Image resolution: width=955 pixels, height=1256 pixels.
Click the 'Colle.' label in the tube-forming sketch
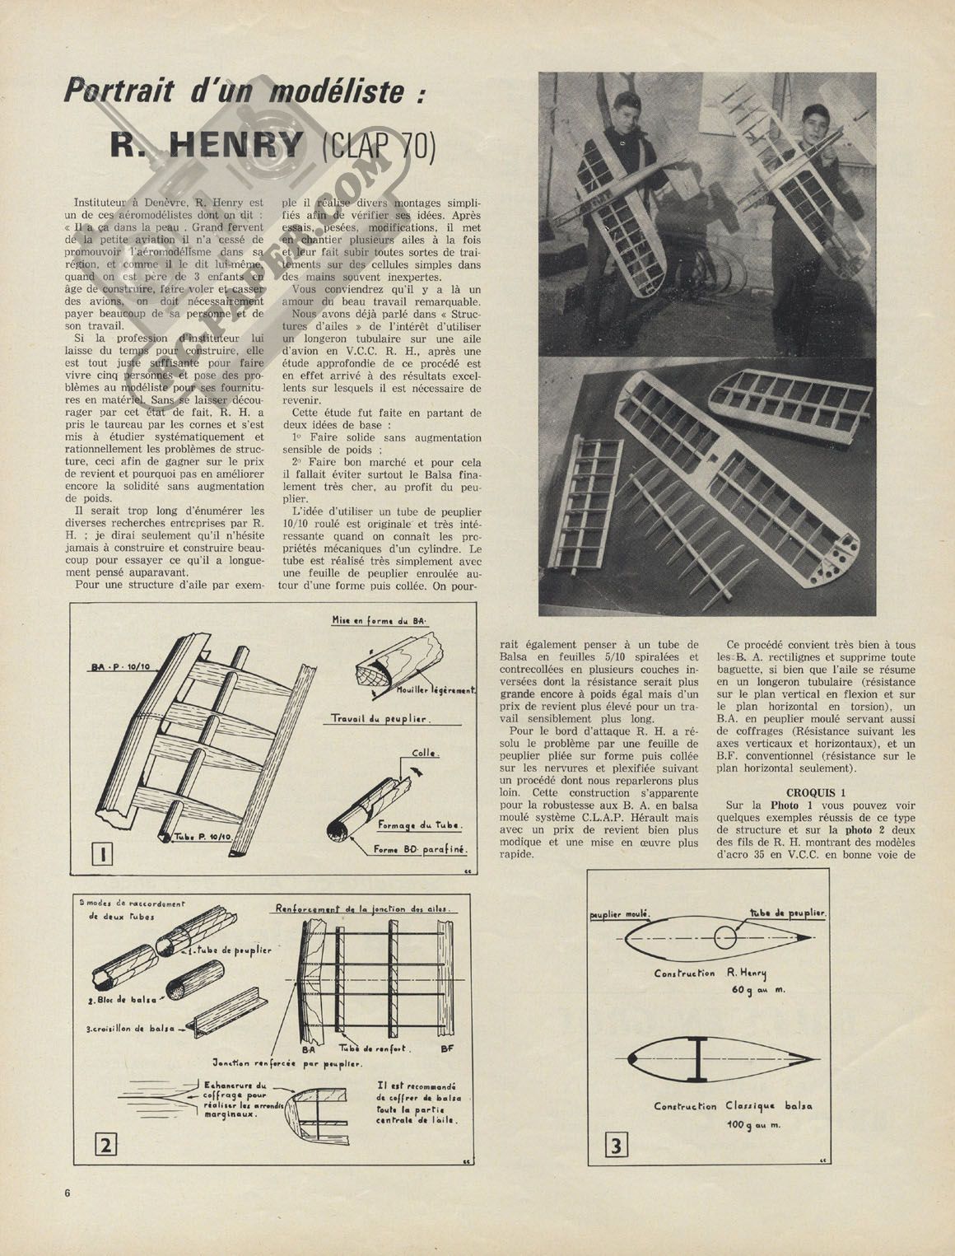coord(426,753)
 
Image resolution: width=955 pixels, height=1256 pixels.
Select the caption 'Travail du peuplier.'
coord(382,719)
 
